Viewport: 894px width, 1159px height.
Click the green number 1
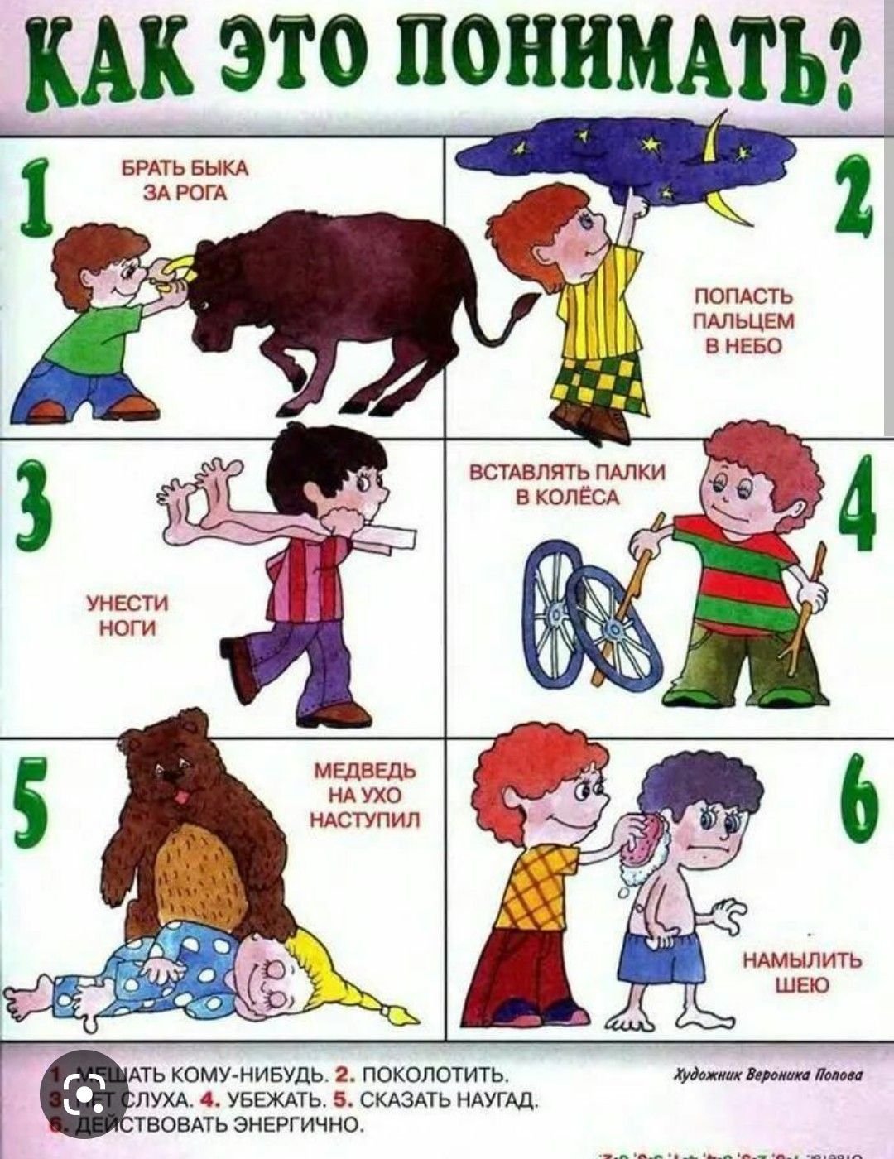[x=33, y=198]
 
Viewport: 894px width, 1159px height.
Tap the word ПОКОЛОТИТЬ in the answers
[x=430, y=1076]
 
